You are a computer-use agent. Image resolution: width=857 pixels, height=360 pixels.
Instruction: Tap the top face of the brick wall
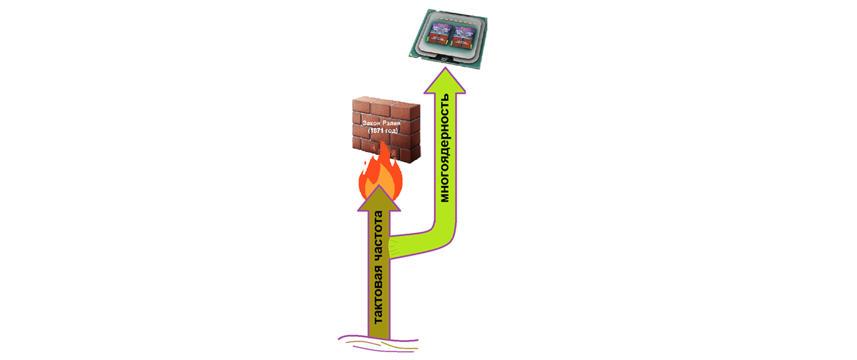(389, 104)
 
